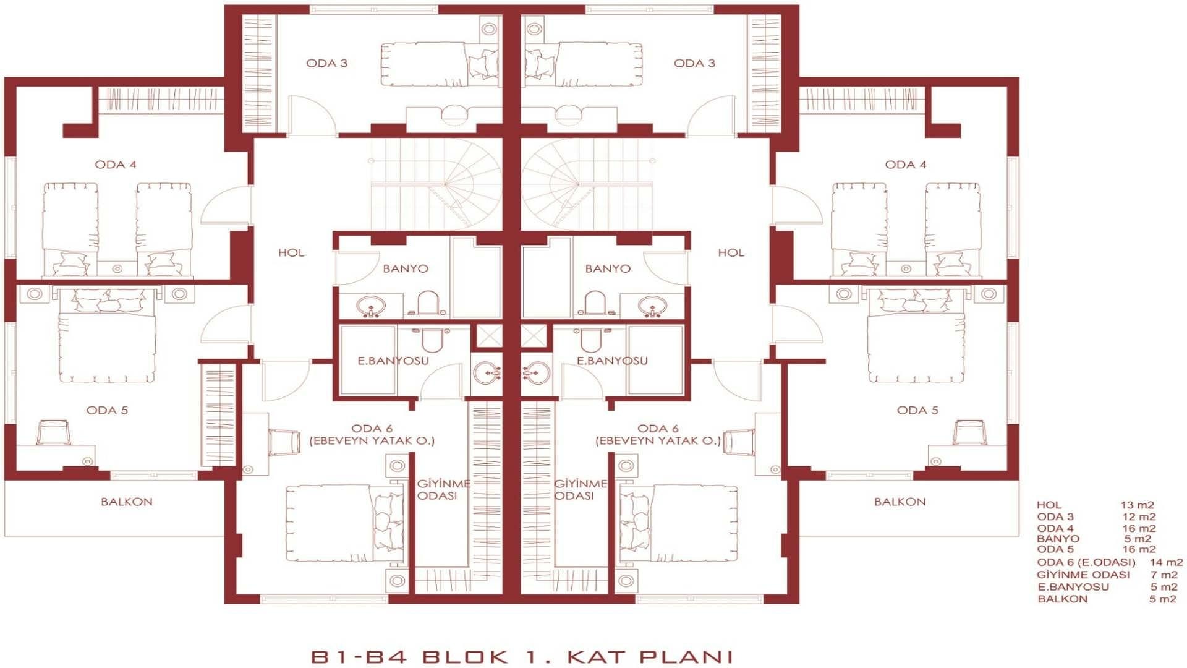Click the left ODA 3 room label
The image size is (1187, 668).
click(326, 63)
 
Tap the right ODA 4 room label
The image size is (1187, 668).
click(906, 165)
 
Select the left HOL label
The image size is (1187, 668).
click(291, 252)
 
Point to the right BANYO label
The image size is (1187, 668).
click(608, 268)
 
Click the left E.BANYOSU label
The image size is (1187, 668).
click(393, 361)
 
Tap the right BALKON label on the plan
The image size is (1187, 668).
click(900, 502)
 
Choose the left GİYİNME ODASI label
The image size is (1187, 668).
click(443, 490)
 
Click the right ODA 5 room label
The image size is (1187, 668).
click(917, 410)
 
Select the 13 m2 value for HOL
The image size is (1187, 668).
click(1138, 505)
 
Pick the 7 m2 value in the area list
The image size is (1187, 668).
click(1164, 575)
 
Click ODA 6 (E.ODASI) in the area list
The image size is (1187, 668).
click(1086, 562)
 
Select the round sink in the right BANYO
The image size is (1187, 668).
click(652, 306)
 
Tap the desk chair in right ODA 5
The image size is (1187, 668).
click(969, 432)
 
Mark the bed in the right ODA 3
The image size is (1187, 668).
click(583, 64)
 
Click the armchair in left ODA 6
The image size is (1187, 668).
click(284, 442)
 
